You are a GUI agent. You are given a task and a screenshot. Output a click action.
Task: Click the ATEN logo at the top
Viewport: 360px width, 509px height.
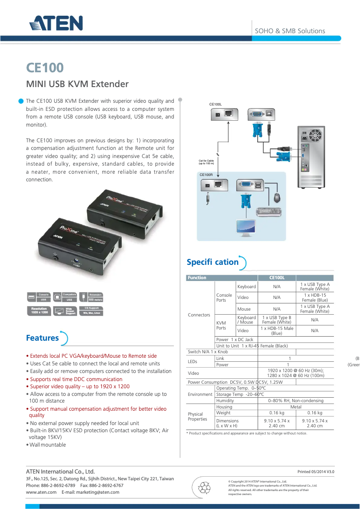coord(56,24)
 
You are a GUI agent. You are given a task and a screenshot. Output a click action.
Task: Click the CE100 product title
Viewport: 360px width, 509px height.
coord(45,68)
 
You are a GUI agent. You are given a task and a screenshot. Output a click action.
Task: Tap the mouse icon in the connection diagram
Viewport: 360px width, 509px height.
coord(277,197)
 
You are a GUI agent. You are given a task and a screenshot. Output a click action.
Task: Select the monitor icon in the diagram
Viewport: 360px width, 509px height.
coord(246,228)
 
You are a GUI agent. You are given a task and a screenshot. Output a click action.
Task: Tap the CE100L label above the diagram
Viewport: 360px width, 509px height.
coord(216,104)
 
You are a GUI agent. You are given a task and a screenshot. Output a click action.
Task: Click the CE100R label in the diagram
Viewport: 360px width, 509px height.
coord(206,175)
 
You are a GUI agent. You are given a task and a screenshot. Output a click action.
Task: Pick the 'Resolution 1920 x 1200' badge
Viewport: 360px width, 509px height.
coord(39,311)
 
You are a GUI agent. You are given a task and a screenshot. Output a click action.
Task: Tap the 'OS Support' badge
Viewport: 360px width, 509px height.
coord(92,311)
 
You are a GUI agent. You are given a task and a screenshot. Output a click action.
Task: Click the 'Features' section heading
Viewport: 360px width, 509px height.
coord(42,338)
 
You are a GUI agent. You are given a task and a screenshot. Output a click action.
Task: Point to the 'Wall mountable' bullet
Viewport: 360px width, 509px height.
coord(48,445)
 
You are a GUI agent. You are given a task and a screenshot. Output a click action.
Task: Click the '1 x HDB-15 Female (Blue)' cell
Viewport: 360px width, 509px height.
coord(315,298)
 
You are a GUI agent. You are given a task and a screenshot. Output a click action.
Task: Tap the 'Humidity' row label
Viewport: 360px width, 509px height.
coord(225,401)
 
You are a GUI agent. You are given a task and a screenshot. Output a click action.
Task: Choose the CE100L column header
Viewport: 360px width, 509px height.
coord(277,278)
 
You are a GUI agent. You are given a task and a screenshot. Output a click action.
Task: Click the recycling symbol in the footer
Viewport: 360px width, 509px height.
coord(205,487)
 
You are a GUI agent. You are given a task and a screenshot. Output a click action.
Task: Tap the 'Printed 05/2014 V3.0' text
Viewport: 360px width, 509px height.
coord(316,472)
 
